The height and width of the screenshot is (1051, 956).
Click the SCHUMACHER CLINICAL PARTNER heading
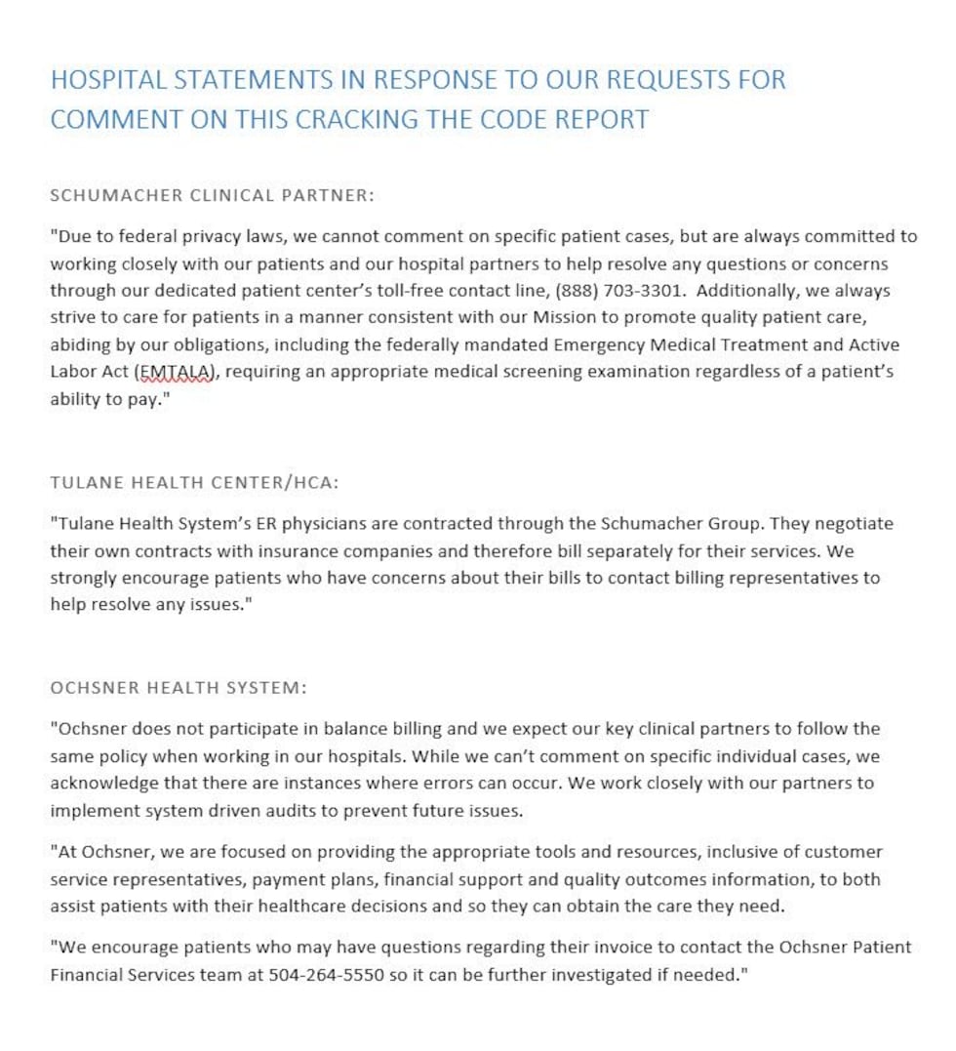[212, 195]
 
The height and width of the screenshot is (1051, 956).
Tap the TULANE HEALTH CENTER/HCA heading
[194, 482]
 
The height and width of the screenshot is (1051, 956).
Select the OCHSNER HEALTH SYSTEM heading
[179, 687]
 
